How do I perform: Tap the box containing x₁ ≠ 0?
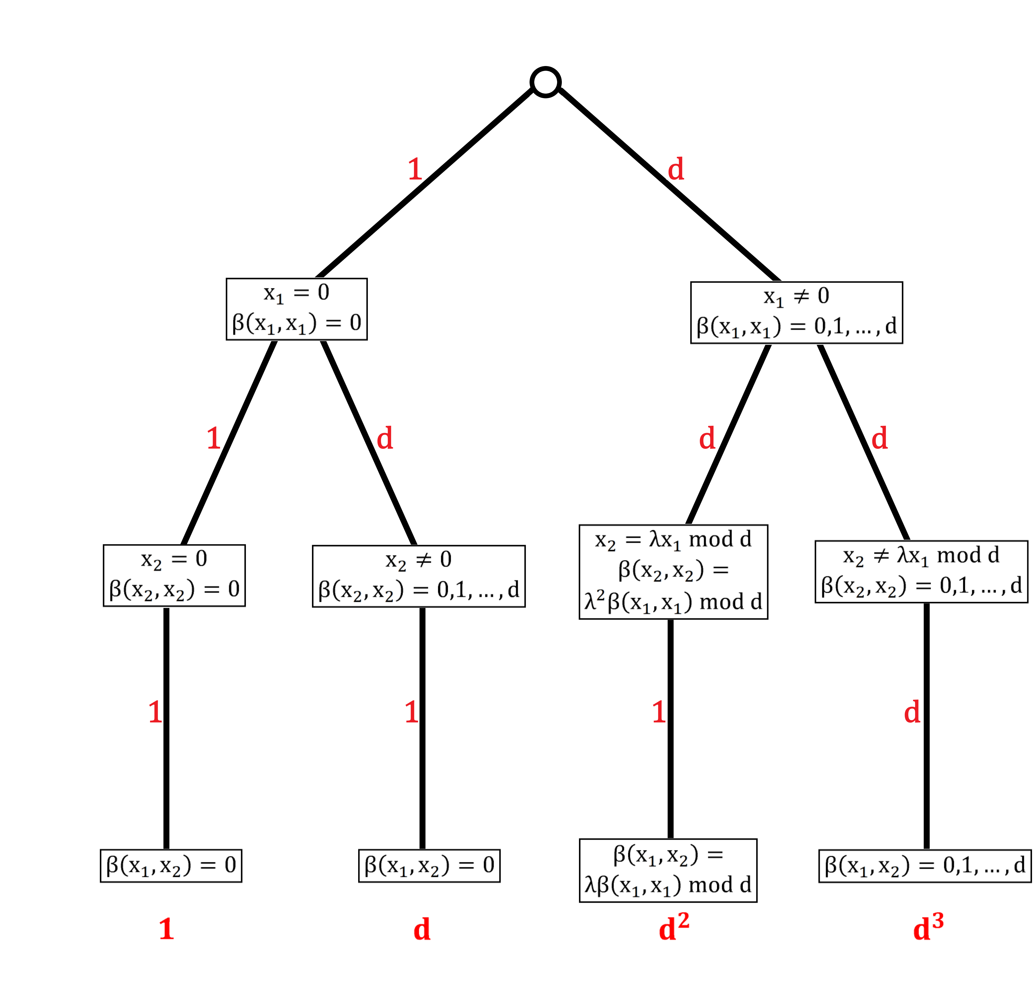(x=796, y=313)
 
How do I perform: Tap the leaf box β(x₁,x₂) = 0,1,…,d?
(x=924, y=866)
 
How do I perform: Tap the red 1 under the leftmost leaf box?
(x=166, y=929)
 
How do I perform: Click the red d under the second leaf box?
(x=422, y=929)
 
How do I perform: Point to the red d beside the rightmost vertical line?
(x=912, y=713)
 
